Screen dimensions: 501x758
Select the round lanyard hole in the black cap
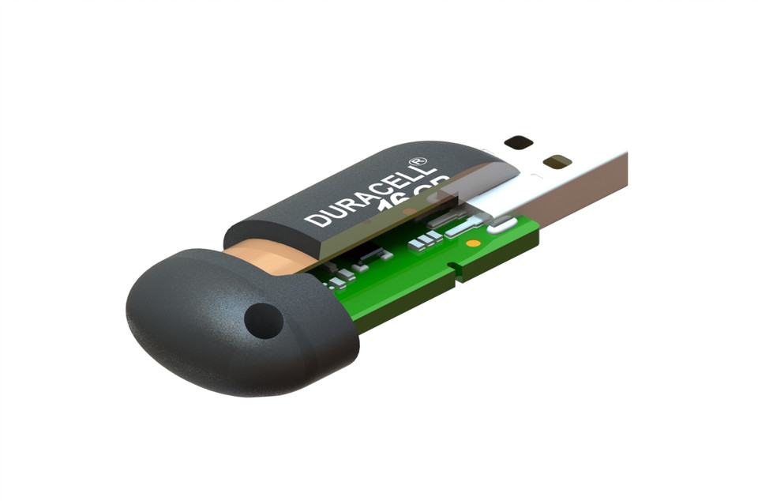coord(263,320)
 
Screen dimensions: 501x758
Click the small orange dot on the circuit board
coord(472,243)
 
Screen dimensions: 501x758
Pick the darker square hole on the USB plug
coord(518,143)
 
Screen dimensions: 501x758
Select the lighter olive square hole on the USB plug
coord(557,161)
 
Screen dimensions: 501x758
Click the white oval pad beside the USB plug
coord(499,228)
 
